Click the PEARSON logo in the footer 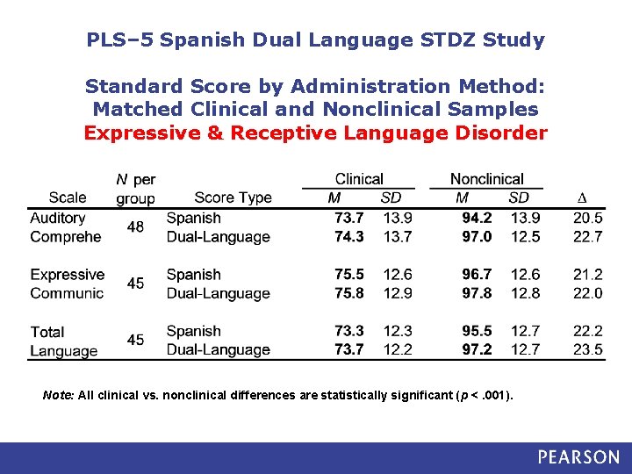578,457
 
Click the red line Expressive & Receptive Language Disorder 315,133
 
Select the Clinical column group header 359,179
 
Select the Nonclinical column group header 486,179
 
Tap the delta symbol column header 580,197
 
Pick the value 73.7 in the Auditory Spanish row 348,218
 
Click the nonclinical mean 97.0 477,236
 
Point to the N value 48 135,227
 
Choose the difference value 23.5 587,349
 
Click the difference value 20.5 587,218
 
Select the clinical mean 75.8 348,293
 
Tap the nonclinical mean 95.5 477,331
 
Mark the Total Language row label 63,341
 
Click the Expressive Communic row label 67,284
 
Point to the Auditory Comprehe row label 65,227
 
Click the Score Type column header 233,197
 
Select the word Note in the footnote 58,395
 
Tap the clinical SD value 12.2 398,349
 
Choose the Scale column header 68,197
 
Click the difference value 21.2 587,275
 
